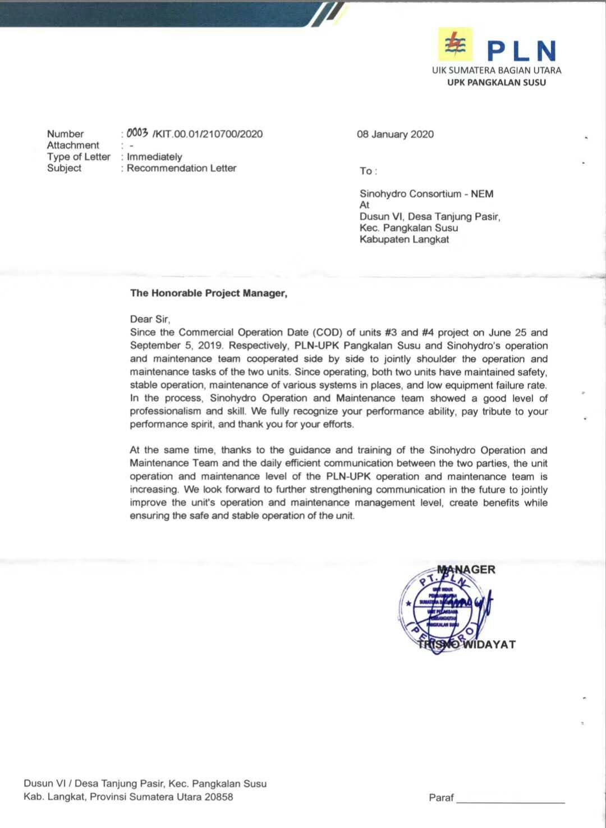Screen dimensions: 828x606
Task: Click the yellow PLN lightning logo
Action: pyautogui.click(x=455, y=44)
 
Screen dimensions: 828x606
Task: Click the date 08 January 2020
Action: pyautogui.click(x=395, y=134)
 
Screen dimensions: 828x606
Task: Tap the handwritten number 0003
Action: pyautogui.click(x=137, y=133)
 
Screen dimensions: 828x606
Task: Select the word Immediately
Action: pyautogui.click(x=154, y=157)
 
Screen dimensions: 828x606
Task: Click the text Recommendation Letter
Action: pyautogui.click(x=181, y=168)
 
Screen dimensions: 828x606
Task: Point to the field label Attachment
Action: pyautogui.click(x=73, y=145)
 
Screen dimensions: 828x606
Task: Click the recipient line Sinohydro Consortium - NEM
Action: pyautogui.click(x=426, y=194)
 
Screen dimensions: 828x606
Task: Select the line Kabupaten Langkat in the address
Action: pyautogui.click(x=404, y=239)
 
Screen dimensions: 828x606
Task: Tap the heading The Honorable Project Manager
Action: pyautogui.click(x=209, y=293)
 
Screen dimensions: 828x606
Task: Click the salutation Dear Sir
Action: pyautogui.click(x=150, y=319)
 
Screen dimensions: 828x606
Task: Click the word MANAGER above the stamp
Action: pyautogui.click(x=466, y=570)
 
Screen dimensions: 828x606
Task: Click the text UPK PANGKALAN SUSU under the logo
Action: pyautogui.click(x=496, y=83)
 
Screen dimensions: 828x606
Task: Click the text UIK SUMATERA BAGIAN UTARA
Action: pyautogui.click(x=497, y=70)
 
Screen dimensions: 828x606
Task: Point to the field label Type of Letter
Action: pyautogui.click(x=79, y=157)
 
